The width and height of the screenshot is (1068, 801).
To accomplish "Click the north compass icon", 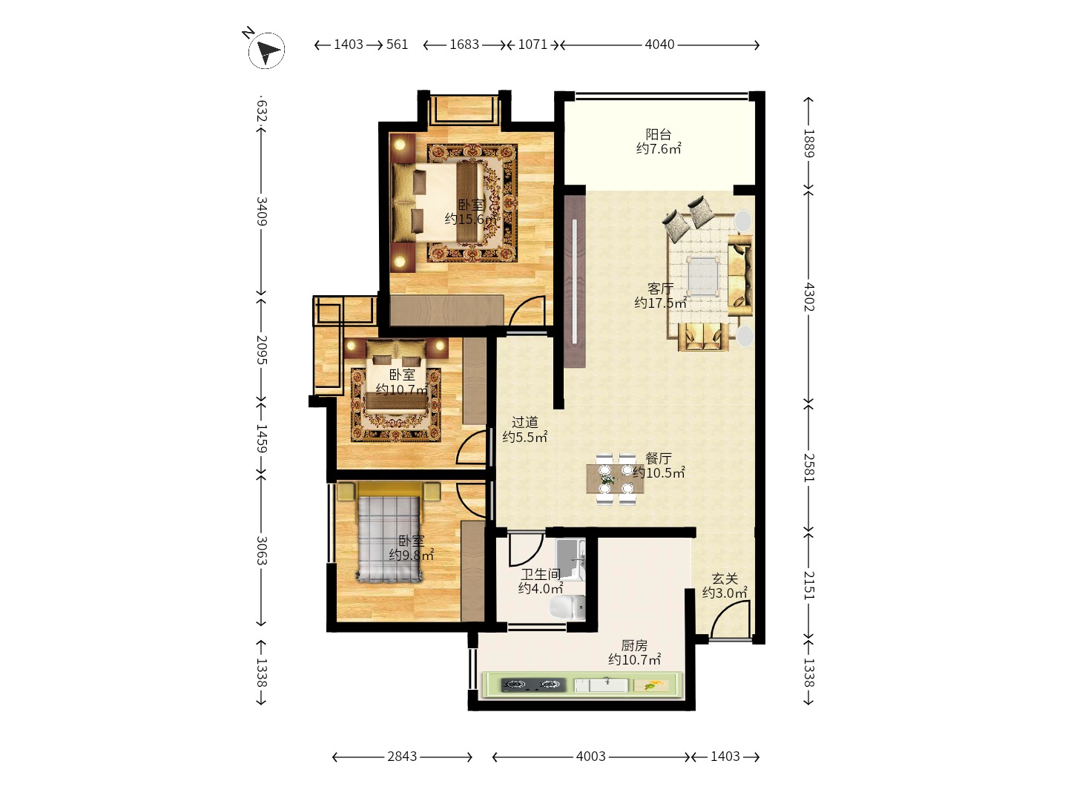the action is click(x=266, y=50).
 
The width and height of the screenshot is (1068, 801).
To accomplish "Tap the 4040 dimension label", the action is click(x=659, y=44).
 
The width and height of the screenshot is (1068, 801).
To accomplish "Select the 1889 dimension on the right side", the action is click(x=808, y=143).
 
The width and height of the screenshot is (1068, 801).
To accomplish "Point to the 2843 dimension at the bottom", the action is click(x=402, y=756).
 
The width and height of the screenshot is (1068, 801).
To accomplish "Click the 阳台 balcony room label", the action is click(x=659, y=133).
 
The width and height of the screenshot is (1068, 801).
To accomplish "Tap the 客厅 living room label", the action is click(x=660, y=289).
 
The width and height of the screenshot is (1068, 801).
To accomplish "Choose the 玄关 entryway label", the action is click(x=725, y=578).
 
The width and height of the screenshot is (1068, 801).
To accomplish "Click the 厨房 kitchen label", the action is click(x=634, y=645).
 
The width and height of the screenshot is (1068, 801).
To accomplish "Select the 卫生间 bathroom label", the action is click(x=541, y=574).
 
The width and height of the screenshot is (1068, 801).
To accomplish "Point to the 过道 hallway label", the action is click(x=524, y=422).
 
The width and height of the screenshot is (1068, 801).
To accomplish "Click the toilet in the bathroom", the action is click(x=567, y=607).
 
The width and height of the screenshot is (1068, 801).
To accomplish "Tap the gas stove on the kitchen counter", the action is click(x=533, y=685).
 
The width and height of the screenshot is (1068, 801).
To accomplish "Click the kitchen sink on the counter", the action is click(x=607, y=685).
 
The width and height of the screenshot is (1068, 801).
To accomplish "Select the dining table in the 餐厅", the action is click(x=616, y=479).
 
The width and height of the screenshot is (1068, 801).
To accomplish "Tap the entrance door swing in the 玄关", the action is click(x=730, y=619).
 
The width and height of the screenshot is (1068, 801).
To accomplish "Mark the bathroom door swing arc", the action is click(x=527, y=550).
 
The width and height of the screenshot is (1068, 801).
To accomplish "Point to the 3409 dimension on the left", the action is click(x=261, y=211).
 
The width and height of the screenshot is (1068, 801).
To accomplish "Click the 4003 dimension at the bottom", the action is click(x=590, y=756).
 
